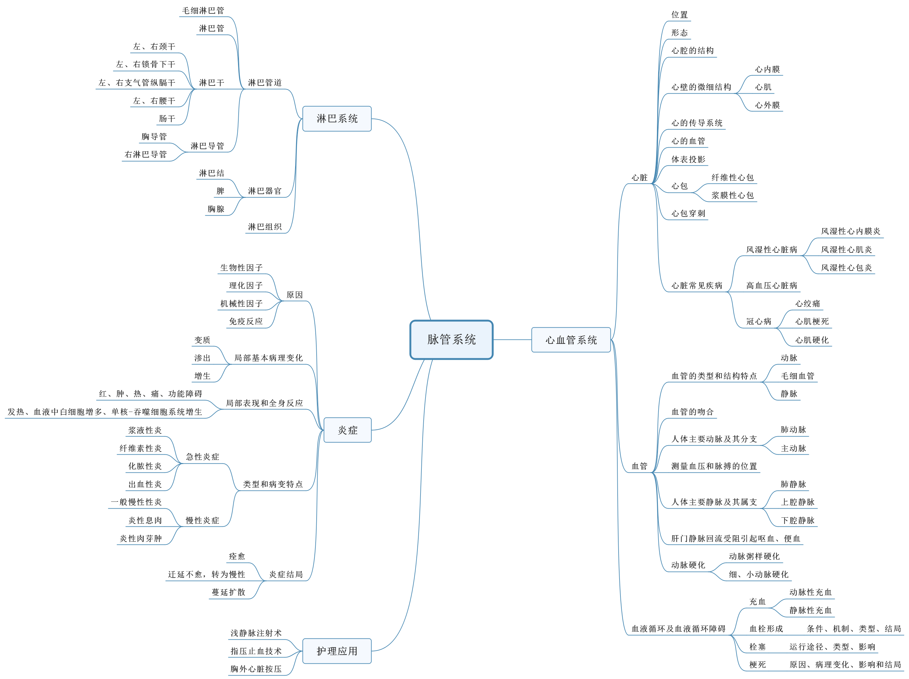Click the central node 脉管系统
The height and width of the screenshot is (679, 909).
pyautogui.click(x=451, y=339)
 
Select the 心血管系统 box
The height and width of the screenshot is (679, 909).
pyautogui.click(x=571, y=340)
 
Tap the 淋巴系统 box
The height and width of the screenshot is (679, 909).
pyautogui.click(x=337, y=119)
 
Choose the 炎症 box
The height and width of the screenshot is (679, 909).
pyautogui.click(x=347, y=430)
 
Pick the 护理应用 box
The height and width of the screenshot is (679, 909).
pyautogui.click(x=337, y=651)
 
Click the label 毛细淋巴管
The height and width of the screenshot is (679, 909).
pyautogui.click(x=203, y=11)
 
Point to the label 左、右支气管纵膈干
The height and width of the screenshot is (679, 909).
pyautogui.click(x=137, y=83)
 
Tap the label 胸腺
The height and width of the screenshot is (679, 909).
pyautogui.click(x=216, y=209)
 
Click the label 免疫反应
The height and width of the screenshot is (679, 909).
pyautogui.click(x=246, y=321)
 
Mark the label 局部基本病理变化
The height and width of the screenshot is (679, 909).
pyautogui.click(x=268, y=358)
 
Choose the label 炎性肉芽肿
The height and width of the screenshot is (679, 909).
pyautogui.click(x=141, y=539)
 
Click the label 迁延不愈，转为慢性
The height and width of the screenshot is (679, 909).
pyautogui.click(x=206, y=574)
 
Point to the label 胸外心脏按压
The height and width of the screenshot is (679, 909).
pyautogui.click(x=256, y=669)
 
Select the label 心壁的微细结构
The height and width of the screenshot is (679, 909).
pyautogui.click(x=701, y=87)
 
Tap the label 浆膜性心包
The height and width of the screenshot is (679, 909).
pyautogui.click(x=732, y=195)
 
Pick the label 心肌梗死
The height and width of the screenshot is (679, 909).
pyautogui.click(x=812, y=321)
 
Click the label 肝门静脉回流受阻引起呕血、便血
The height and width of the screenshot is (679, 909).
pyautogui.click(x=736, y=539)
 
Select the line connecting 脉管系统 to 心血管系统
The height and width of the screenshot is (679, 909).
pyautogui.click(x=512, y=339)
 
